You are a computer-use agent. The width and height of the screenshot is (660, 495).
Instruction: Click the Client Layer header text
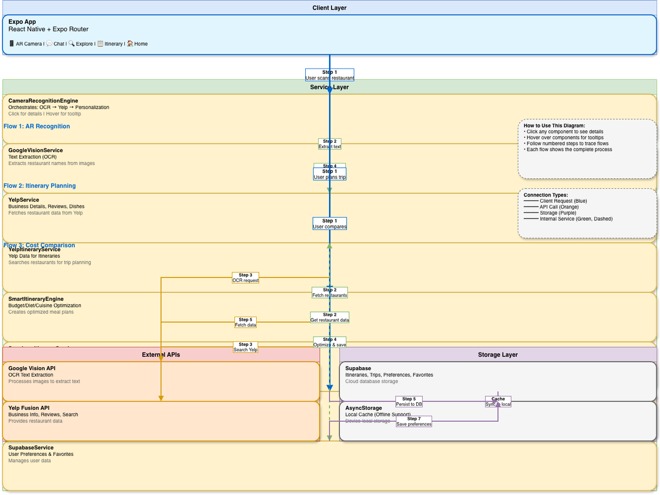click(x=329, y=8)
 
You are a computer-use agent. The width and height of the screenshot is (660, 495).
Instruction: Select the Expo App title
click(x=22, y=22)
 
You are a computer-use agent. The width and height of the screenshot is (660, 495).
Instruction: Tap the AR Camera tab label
click(x=28, y=44)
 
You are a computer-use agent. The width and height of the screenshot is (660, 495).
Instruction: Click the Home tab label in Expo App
click(x=141, y=44)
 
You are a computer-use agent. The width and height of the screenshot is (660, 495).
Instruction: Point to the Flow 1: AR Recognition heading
click(x=37, y=126)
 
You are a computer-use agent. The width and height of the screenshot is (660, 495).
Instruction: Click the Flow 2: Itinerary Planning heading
click(x=40, y=186)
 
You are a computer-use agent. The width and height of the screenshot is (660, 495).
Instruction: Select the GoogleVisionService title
click(x=36, y=151)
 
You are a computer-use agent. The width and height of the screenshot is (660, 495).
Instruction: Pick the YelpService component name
click(x=24, y=200)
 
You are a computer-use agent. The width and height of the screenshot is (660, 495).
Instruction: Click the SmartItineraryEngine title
click(x=36, y=299)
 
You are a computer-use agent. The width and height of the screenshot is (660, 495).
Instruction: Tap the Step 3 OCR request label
click(x=245, y=278)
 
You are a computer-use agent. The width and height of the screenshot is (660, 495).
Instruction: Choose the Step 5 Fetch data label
click(x=245, y=322)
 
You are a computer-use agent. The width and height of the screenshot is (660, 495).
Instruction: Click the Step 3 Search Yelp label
click(x=245, y=347)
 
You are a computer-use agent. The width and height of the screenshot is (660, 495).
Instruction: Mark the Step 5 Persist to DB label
click(x=409, y=402)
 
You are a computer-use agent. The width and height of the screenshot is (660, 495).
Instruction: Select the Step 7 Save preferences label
click(x=414, y=421)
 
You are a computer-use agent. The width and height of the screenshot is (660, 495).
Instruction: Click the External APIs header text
click(x=161, y=355)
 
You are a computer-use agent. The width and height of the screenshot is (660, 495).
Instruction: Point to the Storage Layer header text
click(x=498, y=355)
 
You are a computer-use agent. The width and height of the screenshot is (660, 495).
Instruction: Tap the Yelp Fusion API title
click(x=29, y=408)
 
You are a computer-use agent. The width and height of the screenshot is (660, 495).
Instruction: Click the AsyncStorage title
click(x=364, y=408)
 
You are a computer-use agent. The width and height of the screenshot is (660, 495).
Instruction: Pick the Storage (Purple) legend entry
click(x=558, y=213)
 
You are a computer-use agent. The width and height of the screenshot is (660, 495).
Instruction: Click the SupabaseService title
click(x=31, y=448)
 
